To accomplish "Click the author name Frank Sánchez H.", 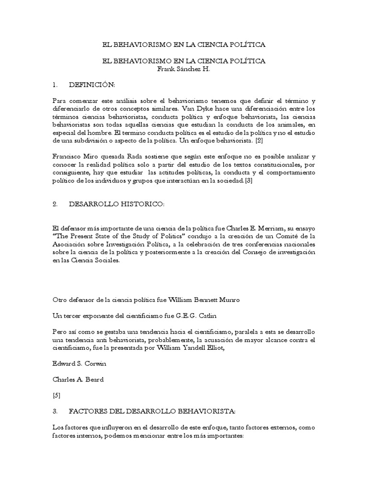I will click(184, 69).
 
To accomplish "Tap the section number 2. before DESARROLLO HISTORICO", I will click(56, 204).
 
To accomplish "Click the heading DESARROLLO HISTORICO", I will click(116, 204).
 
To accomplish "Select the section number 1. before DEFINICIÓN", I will click(56, 85).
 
